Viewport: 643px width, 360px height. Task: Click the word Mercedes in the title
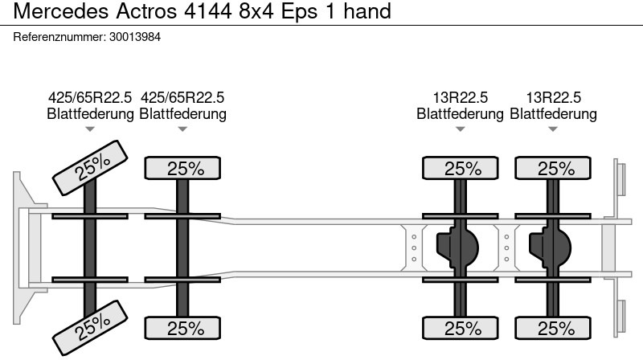pos(61,11)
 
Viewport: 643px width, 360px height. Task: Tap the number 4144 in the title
pos(208,11)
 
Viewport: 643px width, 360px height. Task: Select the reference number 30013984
pos(135,37)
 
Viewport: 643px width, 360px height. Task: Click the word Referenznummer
pos(59,37)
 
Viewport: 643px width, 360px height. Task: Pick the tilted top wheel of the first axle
pos(90,168)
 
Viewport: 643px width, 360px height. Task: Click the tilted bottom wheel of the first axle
pos(90,328)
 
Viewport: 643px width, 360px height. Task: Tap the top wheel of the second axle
pos(182,168)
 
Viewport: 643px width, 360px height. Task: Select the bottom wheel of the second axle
pos(182,328)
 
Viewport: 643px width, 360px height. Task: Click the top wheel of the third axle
pos(460,168)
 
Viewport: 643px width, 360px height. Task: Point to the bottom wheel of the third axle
pos(460,328)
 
